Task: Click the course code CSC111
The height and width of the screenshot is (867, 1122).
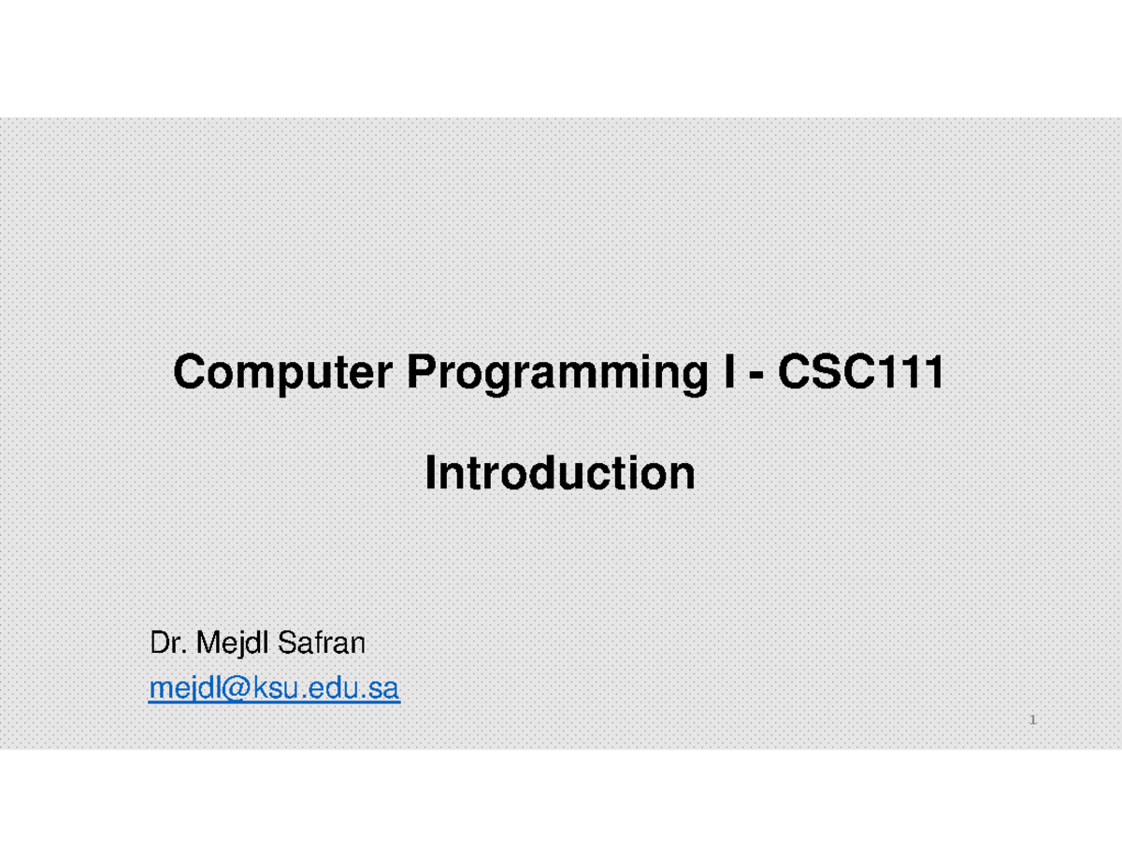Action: (x=861, y=375)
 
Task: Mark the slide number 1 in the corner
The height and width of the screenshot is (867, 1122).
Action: (x=1033, y=721)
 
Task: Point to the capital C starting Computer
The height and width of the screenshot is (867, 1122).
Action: (x=188, y=375)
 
